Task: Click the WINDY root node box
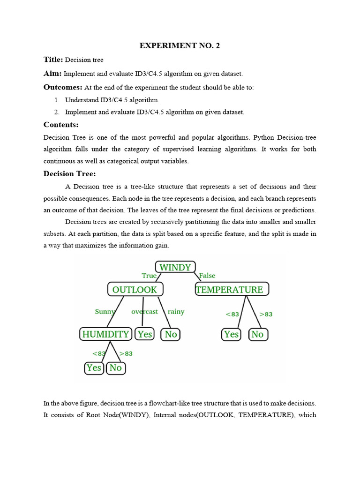click(175, 267)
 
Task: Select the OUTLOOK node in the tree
click(135, 289)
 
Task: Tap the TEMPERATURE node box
click(232, 289)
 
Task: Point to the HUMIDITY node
click(105, 334)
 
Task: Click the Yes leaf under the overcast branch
click(145, 334)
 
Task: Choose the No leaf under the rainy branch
click(171, 334)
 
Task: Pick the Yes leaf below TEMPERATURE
click(231, 334)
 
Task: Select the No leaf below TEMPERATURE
click(257, 334)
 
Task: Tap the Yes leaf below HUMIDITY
click(94, 368)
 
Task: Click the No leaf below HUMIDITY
click(115, 368)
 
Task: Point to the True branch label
click(149, 276)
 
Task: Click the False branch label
click(207, 276)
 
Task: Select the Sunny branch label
click(105, 311)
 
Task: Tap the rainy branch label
click(176, 311)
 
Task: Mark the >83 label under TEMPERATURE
click(265, 314)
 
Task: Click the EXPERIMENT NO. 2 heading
click(180, 46)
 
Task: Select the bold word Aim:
click(53, 74)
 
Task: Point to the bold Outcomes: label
click(63, 87)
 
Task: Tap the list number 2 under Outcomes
click(56, 112)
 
